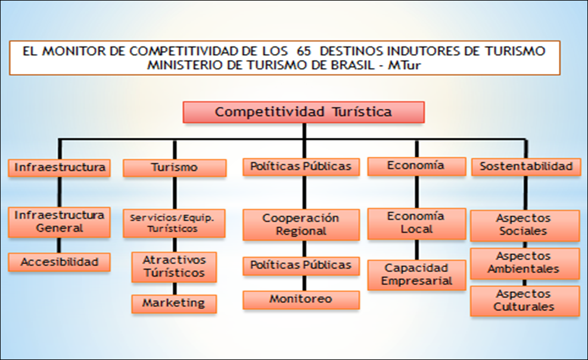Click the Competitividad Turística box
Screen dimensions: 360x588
[x=303, y=112]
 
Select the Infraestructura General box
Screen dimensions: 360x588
[x=59, y=221]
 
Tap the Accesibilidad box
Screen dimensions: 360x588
[x=59, y=262]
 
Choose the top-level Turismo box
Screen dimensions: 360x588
[x=175, y=167]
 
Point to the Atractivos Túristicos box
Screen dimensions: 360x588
[x=174, y=266]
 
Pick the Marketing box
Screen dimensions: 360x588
[x=173, y=303]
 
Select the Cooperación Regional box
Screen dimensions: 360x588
[x=301, y=225]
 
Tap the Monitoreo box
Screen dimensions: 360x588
[x=301, y=299]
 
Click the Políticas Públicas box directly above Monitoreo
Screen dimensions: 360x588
[x=301, y=265]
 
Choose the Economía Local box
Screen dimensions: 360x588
[x=416, y=223]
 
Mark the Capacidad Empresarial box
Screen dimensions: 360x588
[x=416, y=275]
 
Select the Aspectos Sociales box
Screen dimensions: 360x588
[x=524, y=225]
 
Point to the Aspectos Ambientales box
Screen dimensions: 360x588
[x=524, y=263]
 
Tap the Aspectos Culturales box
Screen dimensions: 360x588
[x=524, y=301]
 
